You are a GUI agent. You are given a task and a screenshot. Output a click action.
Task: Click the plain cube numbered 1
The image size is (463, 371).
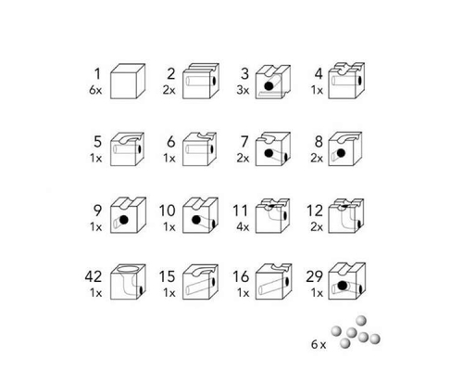(x=128, y=82)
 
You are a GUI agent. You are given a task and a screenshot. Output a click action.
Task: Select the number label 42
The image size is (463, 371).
(x=94, y=276)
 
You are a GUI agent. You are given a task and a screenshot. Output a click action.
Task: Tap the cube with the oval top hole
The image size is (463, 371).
(x=128, y=282)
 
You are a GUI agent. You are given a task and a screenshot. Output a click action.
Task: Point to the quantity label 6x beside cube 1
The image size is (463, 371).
(x=95, y=90)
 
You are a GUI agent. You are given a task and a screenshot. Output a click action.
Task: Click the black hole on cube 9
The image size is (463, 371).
(x=124, y=220)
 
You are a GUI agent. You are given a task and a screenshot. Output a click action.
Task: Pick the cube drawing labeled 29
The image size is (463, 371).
(x=347, y=281)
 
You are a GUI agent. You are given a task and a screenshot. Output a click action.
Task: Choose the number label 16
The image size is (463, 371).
(x=241, y=276)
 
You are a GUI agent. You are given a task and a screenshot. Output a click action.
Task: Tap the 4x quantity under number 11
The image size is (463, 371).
(x=243, y=227)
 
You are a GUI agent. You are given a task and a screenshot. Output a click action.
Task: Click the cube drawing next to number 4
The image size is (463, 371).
(x=346, y=81)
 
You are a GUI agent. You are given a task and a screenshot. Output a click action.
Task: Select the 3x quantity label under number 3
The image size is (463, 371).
(x=243, y=90)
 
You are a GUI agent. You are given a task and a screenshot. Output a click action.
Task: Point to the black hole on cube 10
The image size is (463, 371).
(x=196, y=220)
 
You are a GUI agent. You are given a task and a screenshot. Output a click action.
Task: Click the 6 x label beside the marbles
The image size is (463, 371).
(x=319, y=344)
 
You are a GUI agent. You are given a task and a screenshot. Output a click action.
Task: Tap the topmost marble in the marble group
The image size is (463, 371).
(x=361, y=321)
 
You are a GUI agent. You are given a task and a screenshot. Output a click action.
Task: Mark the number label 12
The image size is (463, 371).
(x=315, y=211)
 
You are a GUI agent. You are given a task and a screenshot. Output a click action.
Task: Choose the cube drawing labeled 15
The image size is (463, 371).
(x=201, y=282)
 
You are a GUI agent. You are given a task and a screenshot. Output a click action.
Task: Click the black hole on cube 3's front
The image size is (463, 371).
(x=269, y=86)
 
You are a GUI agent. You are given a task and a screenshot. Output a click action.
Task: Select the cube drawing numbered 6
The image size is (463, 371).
(x=200, y=149)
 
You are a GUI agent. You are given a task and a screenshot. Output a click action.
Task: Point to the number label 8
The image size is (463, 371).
(x=319, y=142)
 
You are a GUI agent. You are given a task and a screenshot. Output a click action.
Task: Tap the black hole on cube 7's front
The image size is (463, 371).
(x=269, y=153)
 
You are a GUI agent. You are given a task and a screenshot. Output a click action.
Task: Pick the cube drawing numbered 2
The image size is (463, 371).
(x=201, y=82)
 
